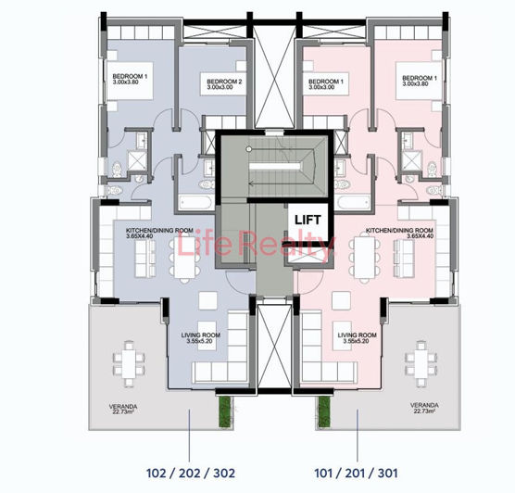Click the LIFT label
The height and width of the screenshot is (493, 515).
(x=305, y=220)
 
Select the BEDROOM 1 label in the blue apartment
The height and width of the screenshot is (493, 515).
(x=131, y=76)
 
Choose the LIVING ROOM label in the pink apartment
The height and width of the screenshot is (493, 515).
(x=357, y=335)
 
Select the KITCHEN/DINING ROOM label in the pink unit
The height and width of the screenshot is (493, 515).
(x=398, y=230)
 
